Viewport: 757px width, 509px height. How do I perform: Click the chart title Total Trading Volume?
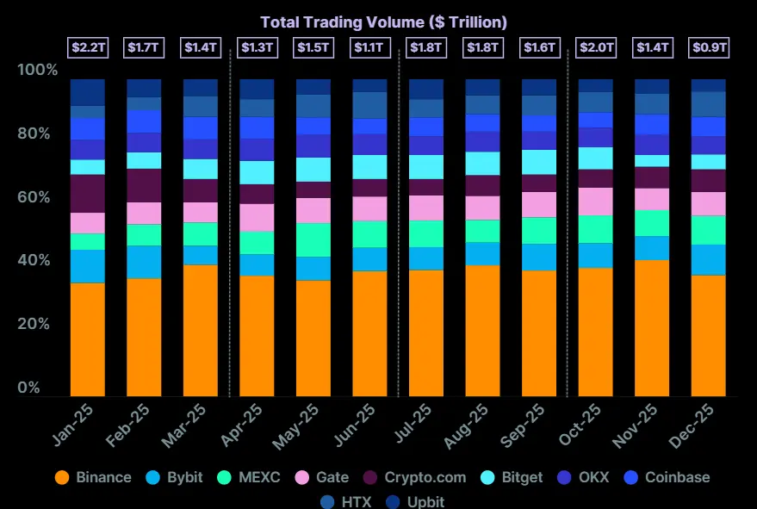click(x=383, y=22)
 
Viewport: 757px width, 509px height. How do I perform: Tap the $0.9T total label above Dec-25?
click(x=709, y=48)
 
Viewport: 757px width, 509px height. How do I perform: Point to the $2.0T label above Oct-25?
click(x=595, y=48)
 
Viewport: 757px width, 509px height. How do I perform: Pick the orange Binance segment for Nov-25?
click(x=652, y=327)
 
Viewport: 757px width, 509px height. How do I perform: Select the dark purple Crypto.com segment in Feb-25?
click(x=144, y=185)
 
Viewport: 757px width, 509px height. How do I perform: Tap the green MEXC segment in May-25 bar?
click(x=313, y=239)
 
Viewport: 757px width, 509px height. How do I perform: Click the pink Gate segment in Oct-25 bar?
click(x=595, y=201)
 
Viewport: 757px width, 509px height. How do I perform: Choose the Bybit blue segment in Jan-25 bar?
click(x=87, y=266)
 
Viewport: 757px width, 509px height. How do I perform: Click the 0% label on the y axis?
click(x=29, y=388)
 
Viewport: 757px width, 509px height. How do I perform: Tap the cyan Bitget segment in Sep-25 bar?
click(x=539, y=162)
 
